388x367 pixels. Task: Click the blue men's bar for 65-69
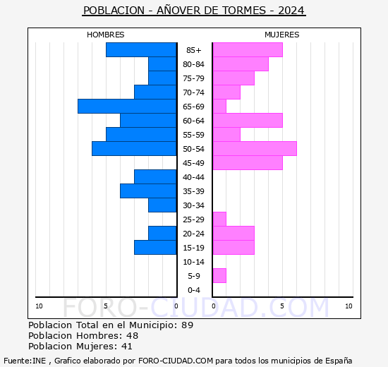coord(127,107)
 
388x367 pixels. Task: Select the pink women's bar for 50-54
coord(255,149)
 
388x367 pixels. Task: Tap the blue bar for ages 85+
coord(141,50)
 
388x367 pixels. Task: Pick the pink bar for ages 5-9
coord(219,276)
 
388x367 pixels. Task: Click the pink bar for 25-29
coord(219,219)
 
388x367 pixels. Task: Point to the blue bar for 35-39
coord(148,191)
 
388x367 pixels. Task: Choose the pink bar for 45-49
coord(248,163)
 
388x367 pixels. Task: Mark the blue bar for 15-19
coord(155,248)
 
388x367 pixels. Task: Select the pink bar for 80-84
coord(241,64)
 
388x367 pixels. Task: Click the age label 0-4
coord(194,290)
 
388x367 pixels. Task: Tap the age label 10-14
coord(194,262)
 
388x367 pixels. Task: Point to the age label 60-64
coord(194,121)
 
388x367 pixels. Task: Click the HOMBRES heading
coord(106,35)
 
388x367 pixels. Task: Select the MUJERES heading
coord(282,35)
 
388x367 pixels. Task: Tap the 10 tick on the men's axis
coord(39,306)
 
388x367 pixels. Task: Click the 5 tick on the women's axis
coord(282,306)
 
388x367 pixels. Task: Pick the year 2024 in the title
coord(291,11)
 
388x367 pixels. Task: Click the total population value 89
coord(188,325)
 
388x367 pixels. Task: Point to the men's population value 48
coord(132,335)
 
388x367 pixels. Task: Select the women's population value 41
coord(127,347)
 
